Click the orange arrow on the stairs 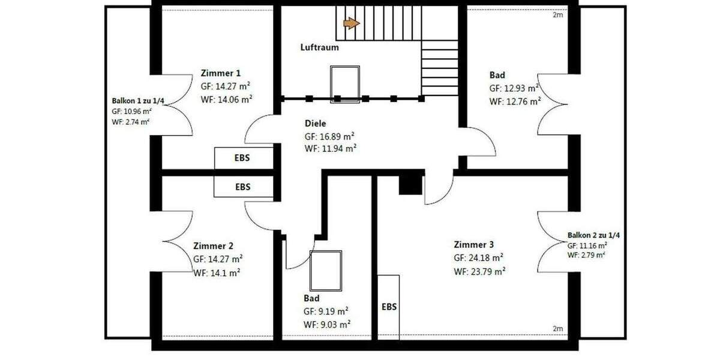point(351,23)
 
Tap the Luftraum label point(320,47)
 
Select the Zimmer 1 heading point(221,73)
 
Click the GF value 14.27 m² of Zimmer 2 point(218,259)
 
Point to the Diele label point(316,123)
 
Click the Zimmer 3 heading point(474,245)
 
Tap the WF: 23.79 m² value point(479,271)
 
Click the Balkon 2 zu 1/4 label point(593,235)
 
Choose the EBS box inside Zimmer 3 point(389,307)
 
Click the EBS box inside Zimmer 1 point(242,158)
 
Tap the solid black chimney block point(411,182)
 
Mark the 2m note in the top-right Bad point(557,16)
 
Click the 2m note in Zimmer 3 point(557,329)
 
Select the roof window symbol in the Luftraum point(345,85)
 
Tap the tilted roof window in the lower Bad point(326,270)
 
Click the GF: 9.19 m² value point(326,311)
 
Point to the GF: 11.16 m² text point(587,245)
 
